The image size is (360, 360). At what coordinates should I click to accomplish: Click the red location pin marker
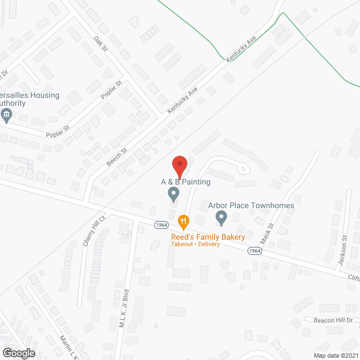(x=179, y=166)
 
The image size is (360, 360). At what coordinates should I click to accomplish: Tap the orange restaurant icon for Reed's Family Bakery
(x=183, y=221)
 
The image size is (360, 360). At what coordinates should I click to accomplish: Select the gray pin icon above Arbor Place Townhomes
(x=222, y=217)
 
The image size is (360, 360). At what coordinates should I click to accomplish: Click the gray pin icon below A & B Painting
(x=174, y=195)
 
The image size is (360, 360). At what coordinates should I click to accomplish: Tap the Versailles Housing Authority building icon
(x=7, y=116)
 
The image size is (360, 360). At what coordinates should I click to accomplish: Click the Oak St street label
(x=101, y=44)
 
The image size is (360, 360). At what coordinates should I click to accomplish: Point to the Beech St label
(x=117, y=156)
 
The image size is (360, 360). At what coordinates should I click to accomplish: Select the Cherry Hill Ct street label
(x=94, y=231)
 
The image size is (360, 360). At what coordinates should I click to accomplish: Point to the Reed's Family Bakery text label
(x=208, y=237)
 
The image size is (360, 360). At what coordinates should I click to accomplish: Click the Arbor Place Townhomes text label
(x=251, y=205)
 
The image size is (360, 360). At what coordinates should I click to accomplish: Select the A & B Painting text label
(x=186, y=182)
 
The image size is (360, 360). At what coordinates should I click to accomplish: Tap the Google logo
(x=18, y=353)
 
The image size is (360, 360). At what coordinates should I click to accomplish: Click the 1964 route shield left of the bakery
(x=161, y=225)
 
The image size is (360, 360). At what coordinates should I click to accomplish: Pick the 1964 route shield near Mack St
(x=255, y=251)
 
